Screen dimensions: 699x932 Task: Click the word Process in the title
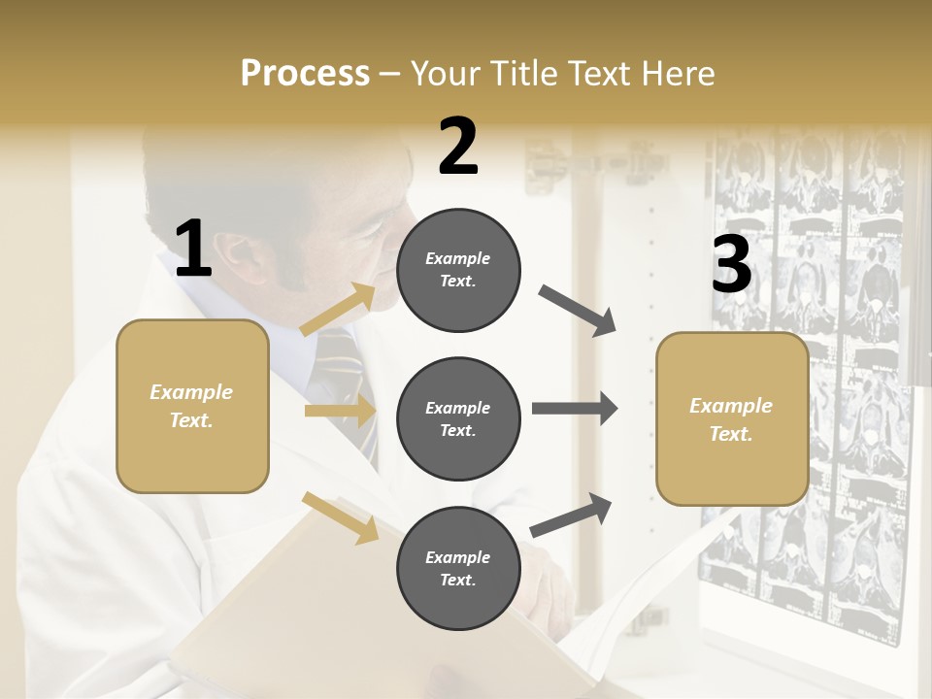click(x=305, y=73)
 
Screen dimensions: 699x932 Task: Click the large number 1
click(x=193, y=249)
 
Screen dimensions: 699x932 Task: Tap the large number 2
click(x=458, y=147)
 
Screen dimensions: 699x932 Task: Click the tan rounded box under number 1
click(x=192, y=406)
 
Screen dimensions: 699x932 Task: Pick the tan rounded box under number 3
click(x=732, y=418)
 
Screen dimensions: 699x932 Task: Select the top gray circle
click(x=458, y=270)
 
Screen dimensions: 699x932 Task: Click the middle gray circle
click(x=458, y=418)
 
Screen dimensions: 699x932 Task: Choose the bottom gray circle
click(x=458, y=568)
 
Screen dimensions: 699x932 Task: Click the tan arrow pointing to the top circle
click(x=339, y=310)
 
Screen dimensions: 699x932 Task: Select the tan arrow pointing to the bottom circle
click(x=340, y=517)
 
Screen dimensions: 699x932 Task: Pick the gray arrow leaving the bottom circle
click(x=572, y=515)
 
